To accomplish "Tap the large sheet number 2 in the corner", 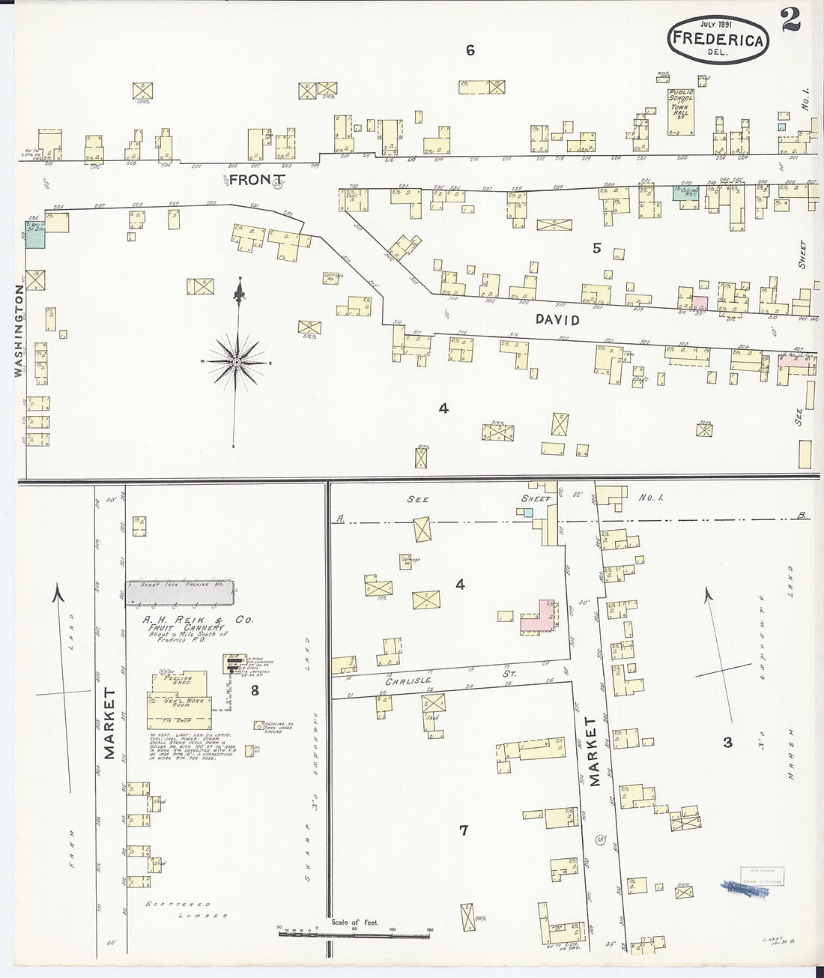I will [790, 19].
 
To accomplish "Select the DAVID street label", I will [557, 320].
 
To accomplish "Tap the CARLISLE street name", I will [408, 680].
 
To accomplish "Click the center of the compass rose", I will [237, 362].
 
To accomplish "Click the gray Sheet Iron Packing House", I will [179, 592].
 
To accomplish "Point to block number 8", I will [255, 690].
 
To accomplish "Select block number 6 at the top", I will [470, 50].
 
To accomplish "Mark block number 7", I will [464, 830].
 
